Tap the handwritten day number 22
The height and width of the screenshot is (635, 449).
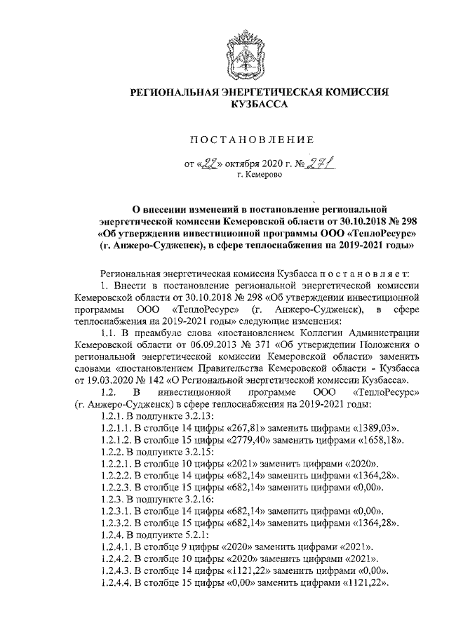click(x=208, y=164)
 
